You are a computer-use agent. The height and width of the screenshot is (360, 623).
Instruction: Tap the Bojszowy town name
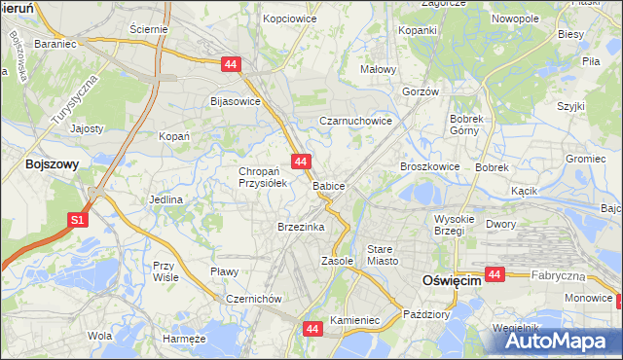click(53, 164)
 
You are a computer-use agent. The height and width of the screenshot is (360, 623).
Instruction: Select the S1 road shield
click(78, 221)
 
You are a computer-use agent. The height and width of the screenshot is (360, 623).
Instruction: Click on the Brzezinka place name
click(300, 227)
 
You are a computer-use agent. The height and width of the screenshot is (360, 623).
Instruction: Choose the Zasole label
click(338, 262)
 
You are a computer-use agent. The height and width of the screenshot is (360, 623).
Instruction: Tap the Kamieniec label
click(353, 319)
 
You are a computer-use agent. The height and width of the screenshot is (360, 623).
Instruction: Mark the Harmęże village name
click(184, 339)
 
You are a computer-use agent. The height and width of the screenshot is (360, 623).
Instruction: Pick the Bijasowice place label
click(236, 100)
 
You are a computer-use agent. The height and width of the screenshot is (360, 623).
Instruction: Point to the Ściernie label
click(149, 29)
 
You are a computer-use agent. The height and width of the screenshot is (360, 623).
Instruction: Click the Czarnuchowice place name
click(356, 122)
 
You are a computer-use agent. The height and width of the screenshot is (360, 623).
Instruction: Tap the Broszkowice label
click(429, 166)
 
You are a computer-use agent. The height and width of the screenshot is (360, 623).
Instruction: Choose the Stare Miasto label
click(382, 255)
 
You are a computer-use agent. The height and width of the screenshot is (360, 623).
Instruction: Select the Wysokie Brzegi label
click(454, 225)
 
